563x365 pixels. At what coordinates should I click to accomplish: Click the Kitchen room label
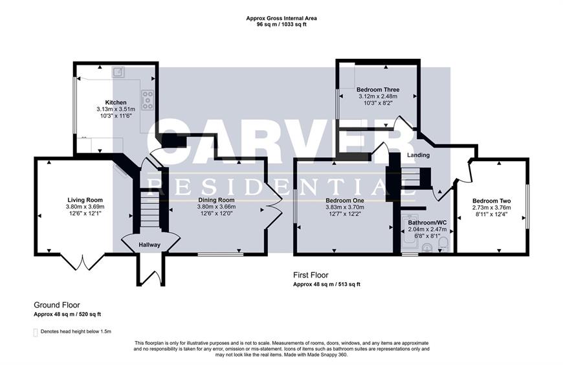pyautogui.click(x=116, y=102)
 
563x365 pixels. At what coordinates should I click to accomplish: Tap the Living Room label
pyautogui.click(x=85, y=200)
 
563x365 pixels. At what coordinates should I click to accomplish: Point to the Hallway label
pyautogui.click(x=149, y=245)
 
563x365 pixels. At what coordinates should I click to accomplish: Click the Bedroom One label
pyautogui.click(x=345, y=201)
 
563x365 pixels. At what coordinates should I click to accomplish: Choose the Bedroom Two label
pyautogui.click(x=492, y=201)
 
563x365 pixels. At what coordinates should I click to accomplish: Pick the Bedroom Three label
pyautogui.click(x=378, y=89)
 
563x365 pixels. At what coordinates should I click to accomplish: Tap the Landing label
pyautogui.click(x=418, y=155)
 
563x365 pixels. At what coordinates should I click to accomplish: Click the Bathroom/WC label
pyautogui.click(x=427, y=223)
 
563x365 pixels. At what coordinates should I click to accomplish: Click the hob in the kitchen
pyautogui.click(x=147, y=100)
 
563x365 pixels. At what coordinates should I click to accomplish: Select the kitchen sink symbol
pyautogui.click(x=118, y=72)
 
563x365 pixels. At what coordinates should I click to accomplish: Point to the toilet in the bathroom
pyautogui.click(x=444, y=244)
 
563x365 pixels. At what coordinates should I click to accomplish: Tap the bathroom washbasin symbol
pyautogui.click(x=426, y=247)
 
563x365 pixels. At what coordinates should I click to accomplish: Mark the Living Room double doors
pyautogui.click(x=83, y=262)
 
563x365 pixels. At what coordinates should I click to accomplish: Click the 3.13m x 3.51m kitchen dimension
pyautogui.click(x=116, y=109)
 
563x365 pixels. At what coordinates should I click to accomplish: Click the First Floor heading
pyautogui.click(x=311, y=275)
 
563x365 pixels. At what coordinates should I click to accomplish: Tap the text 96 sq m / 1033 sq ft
pyautogui.click(x=281, y=25)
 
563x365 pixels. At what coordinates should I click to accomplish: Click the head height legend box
pyautogui.click(x=36, y=332)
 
